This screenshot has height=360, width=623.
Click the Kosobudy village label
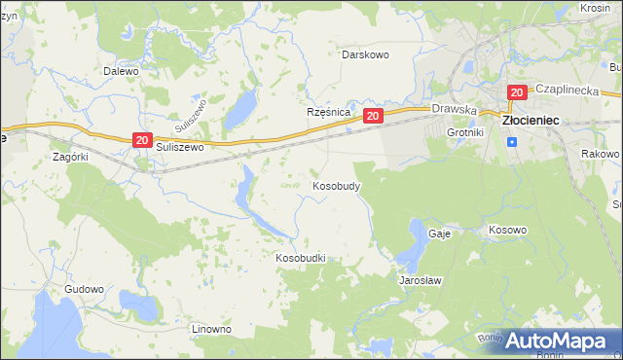coord(337,185)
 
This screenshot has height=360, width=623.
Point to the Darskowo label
coord(365,54)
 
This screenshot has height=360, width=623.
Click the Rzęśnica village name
coord(328,112)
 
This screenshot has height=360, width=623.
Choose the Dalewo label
coord(121,71)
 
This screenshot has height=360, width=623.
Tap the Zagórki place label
coord(71,156)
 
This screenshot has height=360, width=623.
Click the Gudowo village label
coord(84,290)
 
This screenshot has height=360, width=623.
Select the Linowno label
coord(211,329)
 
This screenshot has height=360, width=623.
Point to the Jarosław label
coord(421,280)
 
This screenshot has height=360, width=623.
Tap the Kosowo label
coord(506,231)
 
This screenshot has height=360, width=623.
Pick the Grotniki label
coord(464,131)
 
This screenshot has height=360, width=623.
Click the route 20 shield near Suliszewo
coord(142,141)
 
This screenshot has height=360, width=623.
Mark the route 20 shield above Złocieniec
coord(516,92)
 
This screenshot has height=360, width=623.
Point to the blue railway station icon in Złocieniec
coord(512,142)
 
